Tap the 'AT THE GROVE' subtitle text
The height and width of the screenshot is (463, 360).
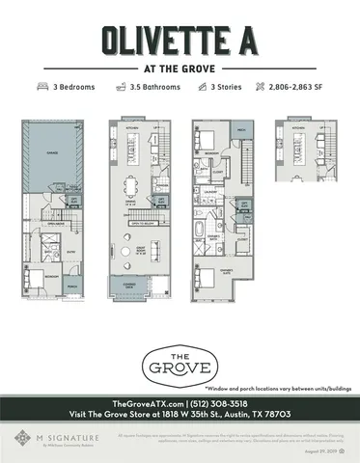point(180,69)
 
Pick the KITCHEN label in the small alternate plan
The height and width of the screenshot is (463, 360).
point(298,126)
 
